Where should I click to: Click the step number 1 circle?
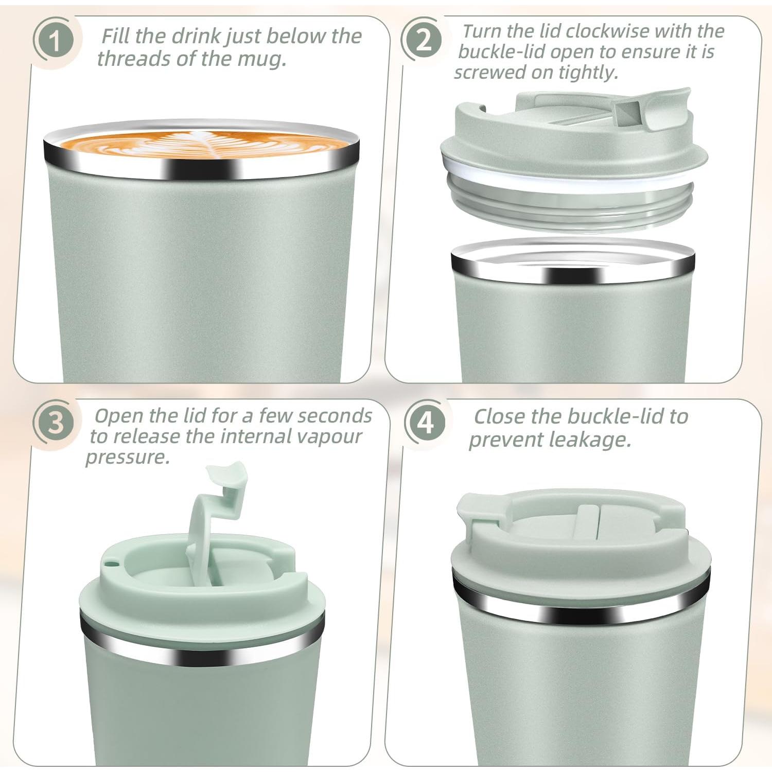point(54,40)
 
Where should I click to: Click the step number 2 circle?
point(423,40)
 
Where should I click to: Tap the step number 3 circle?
point(56,422)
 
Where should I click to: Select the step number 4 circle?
point(426,423)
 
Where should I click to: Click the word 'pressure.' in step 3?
point(128,457)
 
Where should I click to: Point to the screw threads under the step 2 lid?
point(571,206)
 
